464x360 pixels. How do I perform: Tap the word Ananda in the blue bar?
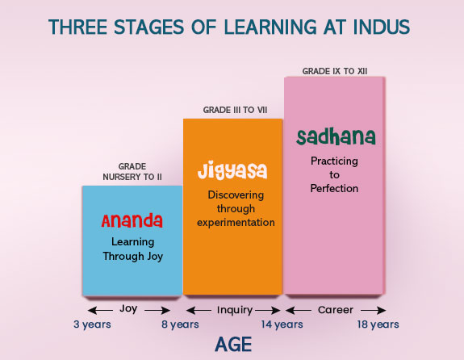tap(132, 220)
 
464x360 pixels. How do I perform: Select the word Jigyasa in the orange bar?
tap(232, 171)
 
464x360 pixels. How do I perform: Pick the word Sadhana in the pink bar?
tap(335, 136)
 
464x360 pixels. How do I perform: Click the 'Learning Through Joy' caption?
tap(132, 248)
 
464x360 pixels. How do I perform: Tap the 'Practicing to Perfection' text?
tap(334, 174)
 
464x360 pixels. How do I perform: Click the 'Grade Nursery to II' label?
tap(132, 171)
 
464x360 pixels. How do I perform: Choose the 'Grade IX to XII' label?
tap(334, 71)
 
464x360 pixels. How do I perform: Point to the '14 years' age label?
tap(282, 324)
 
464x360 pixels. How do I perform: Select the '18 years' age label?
tap(378, 324)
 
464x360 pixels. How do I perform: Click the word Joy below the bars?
tap(128, 308)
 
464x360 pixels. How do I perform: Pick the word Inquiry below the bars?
tap(235, 309)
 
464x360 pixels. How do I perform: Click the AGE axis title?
tap(233, 345)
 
